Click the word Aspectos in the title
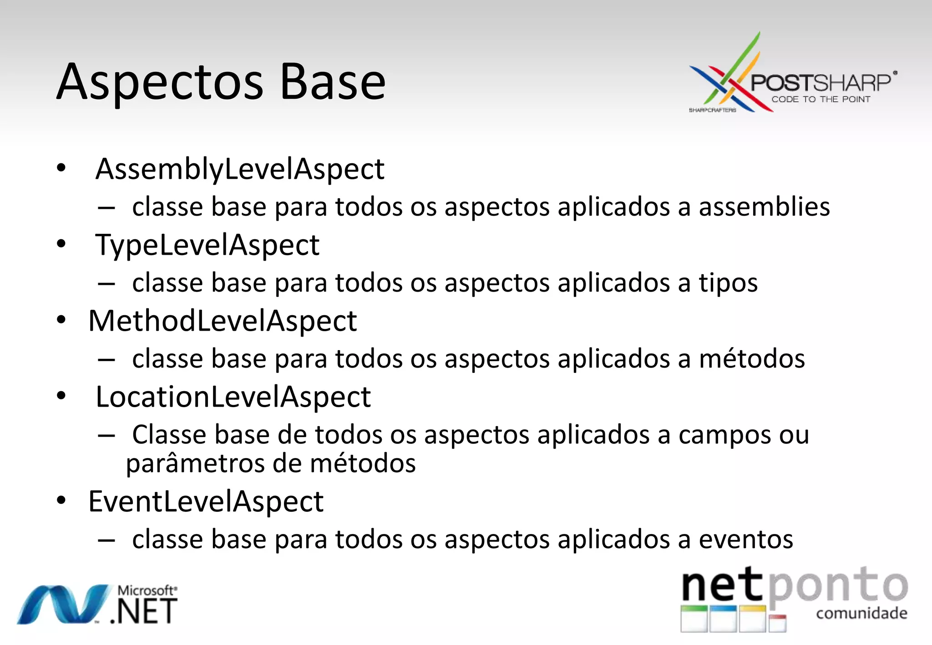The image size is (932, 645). [159, 83]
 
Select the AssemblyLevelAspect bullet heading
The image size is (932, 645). [240, 169]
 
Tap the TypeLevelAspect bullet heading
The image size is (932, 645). [207, 245]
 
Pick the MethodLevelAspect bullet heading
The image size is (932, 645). [223, 321]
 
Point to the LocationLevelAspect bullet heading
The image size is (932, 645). [233, 397]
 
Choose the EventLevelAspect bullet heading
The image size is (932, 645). [206, 502]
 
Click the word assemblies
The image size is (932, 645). [764, 207]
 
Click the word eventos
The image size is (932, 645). [746, 540]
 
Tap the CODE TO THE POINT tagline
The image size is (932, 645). [821, 100]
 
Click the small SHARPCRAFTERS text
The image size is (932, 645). [712, 110]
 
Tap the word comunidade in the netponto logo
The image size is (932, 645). [861, 613]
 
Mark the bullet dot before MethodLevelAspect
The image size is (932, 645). [61, 320]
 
